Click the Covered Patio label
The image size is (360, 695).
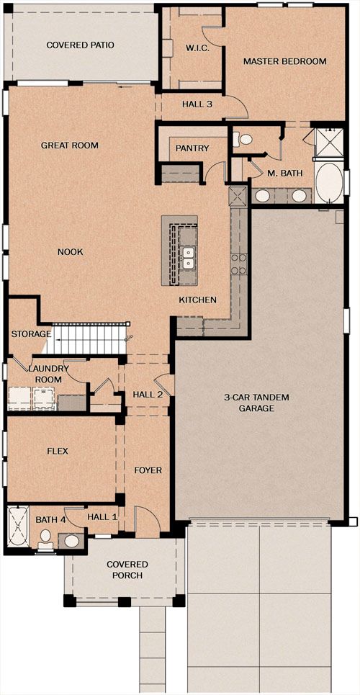pos(80,45)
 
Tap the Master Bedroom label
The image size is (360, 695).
pos(284,61)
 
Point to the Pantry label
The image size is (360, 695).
pos(192,148)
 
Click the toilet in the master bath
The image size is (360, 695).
pos(243,140)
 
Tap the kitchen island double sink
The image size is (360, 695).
pos(189,258)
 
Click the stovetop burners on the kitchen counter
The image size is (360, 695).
pos(238,264)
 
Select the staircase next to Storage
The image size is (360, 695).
pos(86,339)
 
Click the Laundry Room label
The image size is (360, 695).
pos(48,374)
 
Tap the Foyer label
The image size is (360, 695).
pos(148,470)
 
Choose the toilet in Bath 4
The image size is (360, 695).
pos(45,537)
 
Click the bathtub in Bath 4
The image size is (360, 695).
pos(18,526)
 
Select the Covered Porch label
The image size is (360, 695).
pos(127,570)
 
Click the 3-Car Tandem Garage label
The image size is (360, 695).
pos(256,403)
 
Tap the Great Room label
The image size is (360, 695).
pos(70,145)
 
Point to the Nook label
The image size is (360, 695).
pos(71,252)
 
